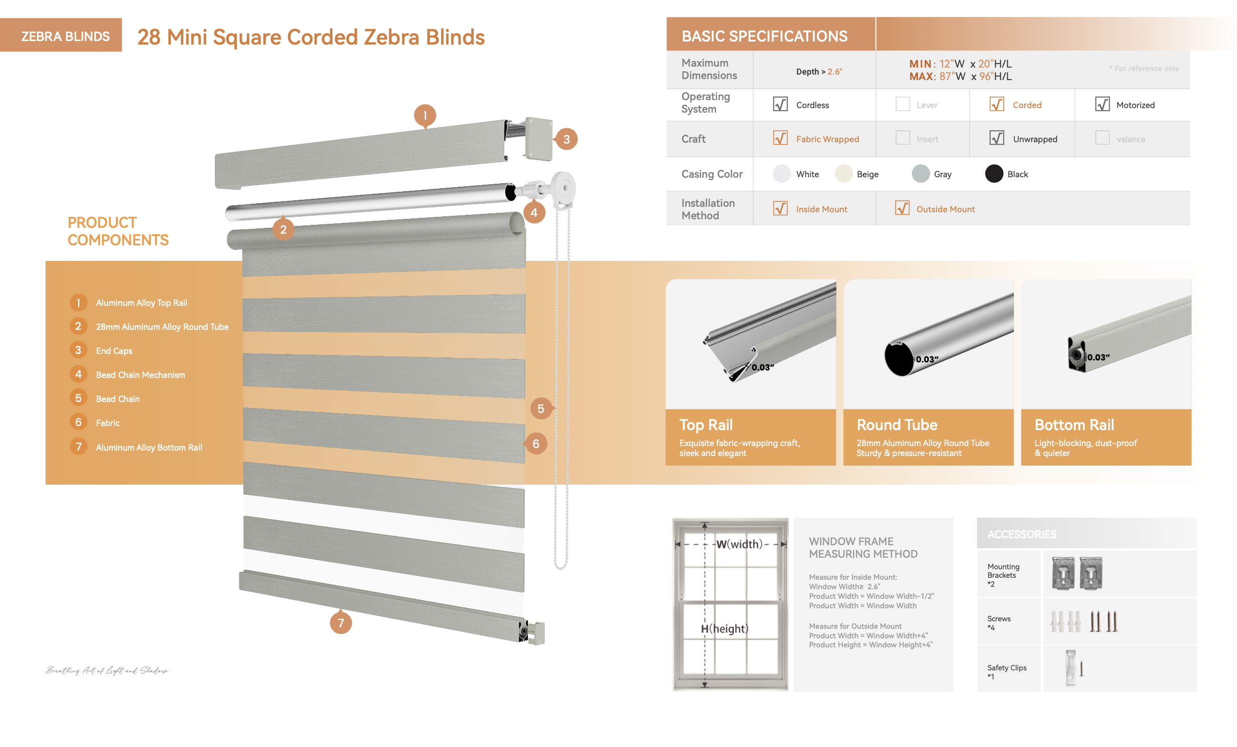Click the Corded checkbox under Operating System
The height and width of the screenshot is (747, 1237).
point(996,104)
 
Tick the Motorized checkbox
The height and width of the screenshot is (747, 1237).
point(1102,104)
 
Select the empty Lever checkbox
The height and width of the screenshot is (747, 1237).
point(902,104)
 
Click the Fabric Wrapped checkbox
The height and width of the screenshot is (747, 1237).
point(780,138)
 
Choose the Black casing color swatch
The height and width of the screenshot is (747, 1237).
point(994,174)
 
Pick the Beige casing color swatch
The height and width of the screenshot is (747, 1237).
point(843,174)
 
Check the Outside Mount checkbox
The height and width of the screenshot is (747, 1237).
point(902,208)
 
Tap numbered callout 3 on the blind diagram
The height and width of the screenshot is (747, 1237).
point(566,139)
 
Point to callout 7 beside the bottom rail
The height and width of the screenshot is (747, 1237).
point(341,622)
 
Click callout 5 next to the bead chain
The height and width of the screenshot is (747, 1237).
point(541,409)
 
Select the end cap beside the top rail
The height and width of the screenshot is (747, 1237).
point(539,139)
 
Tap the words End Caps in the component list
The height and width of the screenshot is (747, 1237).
point(114,350)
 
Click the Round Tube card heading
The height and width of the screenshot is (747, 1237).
point(896,425)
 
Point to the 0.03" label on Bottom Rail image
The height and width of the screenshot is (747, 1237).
point(1098,357)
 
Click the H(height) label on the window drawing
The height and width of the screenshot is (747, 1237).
point(725,628)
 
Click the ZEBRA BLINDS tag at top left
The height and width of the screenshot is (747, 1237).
point(65,36)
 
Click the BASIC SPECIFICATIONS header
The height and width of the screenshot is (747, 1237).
point(764,36)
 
